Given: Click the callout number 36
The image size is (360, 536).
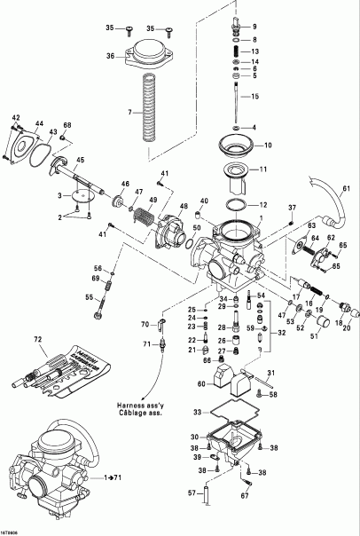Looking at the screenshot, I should [x=111, y=57].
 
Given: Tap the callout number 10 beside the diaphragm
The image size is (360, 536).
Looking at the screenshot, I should [x=267, y=144].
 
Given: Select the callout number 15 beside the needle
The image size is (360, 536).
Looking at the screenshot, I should [x=254, y=96].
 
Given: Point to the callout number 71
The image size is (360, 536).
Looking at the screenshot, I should [x=145, y=343].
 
